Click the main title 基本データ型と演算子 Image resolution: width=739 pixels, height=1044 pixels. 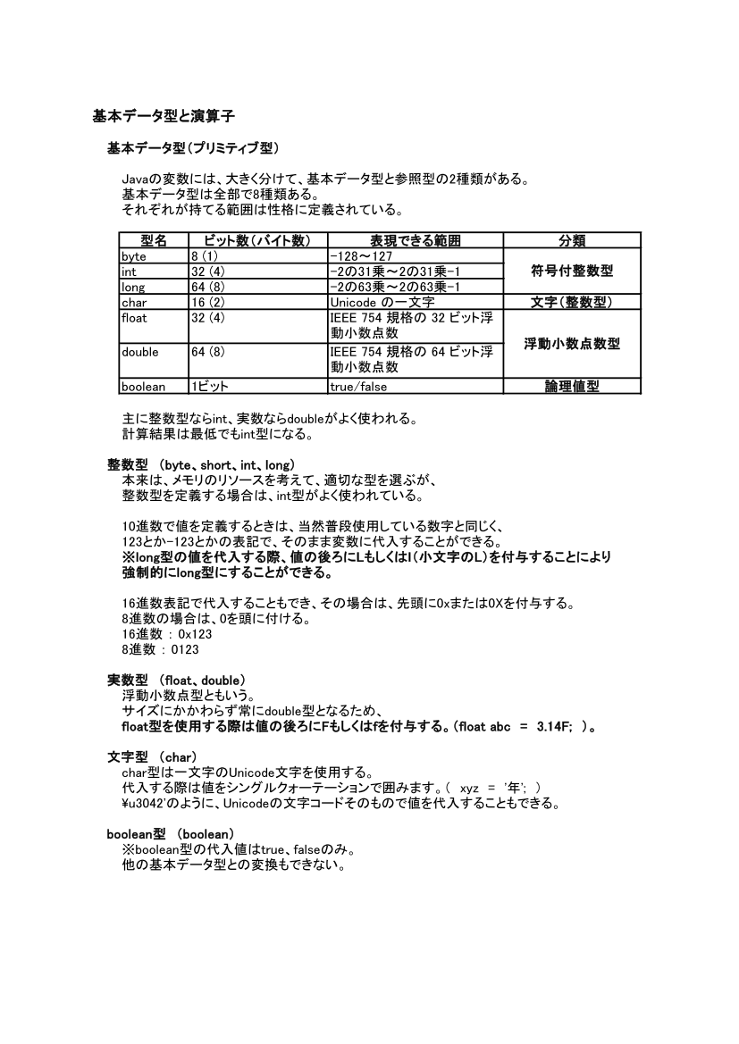(x=164, y=116)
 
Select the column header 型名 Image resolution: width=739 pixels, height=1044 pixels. (x=154, y=241)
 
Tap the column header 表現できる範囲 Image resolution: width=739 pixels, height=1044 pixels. (x=416, y=241)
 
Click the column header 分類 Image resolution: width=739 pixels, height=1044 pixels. (x=572, y=241)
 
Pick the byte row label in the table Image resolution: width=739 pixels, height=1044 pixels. (x=133, y=256)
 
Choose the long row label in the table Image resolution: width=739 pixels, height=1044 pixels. (x=131, y=287)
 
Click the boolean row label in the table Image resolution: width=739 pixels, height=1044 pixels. (x=143, y=387)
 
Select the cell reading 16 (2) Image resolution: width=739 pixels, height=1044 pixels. (x=207, y=303)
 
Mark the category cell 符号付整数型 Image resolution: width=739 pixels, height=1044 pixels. (x=572, y=271)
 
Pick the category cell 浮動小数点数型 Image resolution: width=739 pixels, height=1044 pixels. (x=572, y=344)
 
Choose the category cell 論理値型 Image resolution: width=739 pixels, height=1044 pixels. (x=572, y=387)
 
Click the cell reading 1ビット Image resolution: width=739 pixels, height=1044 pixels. (x=209, y=387)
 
